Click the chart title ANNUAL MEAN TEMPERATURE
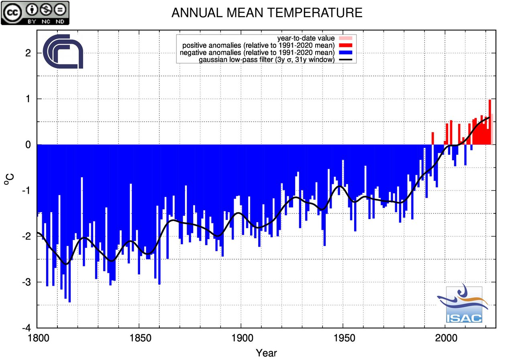click(267, 13)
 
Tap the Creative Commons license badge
click(35, 13)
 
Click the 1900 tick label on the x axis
click(241, 338)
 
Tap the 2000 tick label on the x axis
click(445, 338)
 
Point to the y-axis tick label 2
click(29, 53)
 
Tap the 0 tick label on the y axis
click(29, 145)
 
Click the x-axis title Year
click(266, 353)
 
